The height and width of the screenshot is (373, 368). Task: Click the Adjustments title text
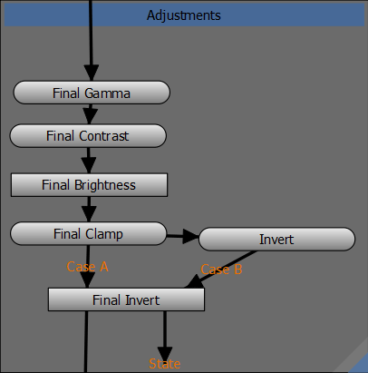184,15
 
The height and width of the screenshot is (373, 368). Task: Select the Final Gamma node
92,93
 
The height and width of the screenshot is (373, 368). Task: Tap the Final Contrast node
88,136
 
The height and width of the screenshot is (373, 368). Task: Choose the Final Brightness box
89,185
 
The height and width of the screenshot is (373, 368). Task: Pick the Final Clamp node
88,233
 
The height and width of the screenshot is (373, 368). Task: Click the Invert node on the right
276,240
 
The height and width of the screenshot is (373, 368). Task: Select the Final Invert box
126,299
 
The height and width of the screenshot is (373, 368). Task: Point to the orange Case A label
87,267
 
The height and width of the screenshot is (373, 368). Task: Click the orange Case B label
221,270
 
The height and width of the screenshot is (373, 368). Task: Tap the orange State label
165,364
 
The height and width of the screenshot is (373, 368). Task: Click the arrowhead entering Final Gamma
92,73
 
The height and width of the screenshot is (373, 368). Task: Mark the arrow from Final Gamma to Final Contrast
90,114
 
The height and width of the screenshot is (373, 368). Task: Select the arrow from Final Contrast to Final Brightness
89,161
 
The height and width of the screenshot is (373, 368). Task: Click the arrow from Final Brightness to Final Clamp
89,210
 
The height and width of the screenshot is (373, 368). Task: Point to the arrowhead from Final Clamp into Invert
191,236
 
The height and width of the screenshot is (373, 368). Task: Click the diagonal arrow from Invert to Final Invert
222,270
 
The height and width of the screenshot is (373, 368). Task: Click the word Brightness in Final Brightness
105,185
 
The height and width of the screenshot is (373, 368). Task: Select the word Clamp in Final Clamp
104,234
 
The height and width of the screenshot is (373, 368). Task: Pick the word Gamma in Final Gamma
107,93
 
